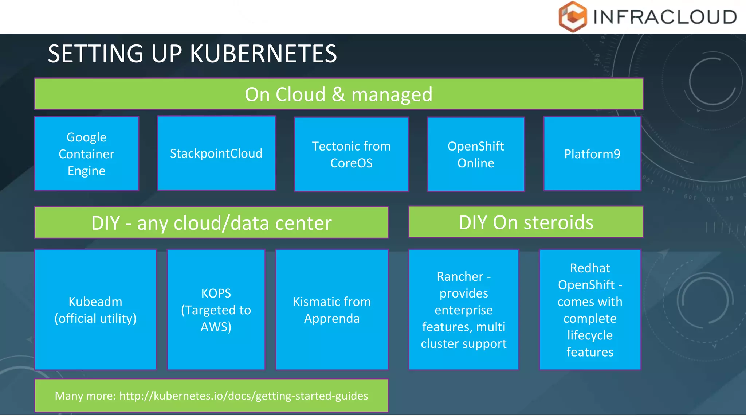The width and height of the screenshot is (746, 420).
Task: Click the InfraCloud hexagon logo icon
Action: click(573, 17)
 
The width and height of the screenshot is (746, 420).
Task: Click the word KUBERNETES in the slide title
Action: click(263, 54)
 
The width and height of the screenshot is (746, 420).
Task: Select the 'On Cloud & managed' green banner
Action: click(339, 94)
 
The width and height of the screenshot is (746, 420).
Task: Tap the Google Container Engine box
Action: click(87, 154)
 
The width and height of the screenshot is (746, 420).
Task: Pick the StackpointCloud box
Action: click(216, 153)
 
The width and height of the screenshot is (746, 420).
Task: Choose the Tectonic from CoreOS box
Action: click(352, 154)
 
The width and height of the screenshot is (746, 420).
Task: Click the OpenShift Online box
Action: click(476, 154)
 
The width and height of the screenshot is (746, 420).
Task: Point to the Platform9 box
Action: click(592, 154)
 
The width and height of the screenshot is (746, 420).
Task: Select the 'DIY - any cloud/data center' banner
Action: click(211, 223)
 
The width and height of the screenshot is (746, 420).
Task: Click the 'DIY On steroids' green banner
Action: click(526, 222)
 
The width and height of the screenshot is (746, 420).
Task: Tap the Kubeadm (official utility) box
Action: click(95, 310)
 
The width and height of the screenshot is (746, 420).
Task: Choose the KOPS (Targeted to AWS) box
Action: click(216, 310)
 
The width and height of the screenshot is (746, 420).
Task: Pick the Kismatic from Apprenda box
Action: click(332, 310)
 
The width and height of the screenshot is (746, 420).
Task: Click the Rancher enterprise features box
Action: click(464, 310)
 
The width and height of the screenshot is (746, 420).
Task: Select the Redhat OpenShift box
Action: click(590, 310)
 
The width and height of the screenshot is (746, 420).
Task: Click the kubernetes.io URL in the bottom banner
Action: click(244, 396)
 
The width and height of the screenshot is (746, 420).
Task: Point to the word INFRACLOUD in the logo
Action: click(665, 17)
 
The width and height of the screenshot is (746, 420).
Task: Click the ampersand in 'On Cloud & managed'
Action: click(338, 94)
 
